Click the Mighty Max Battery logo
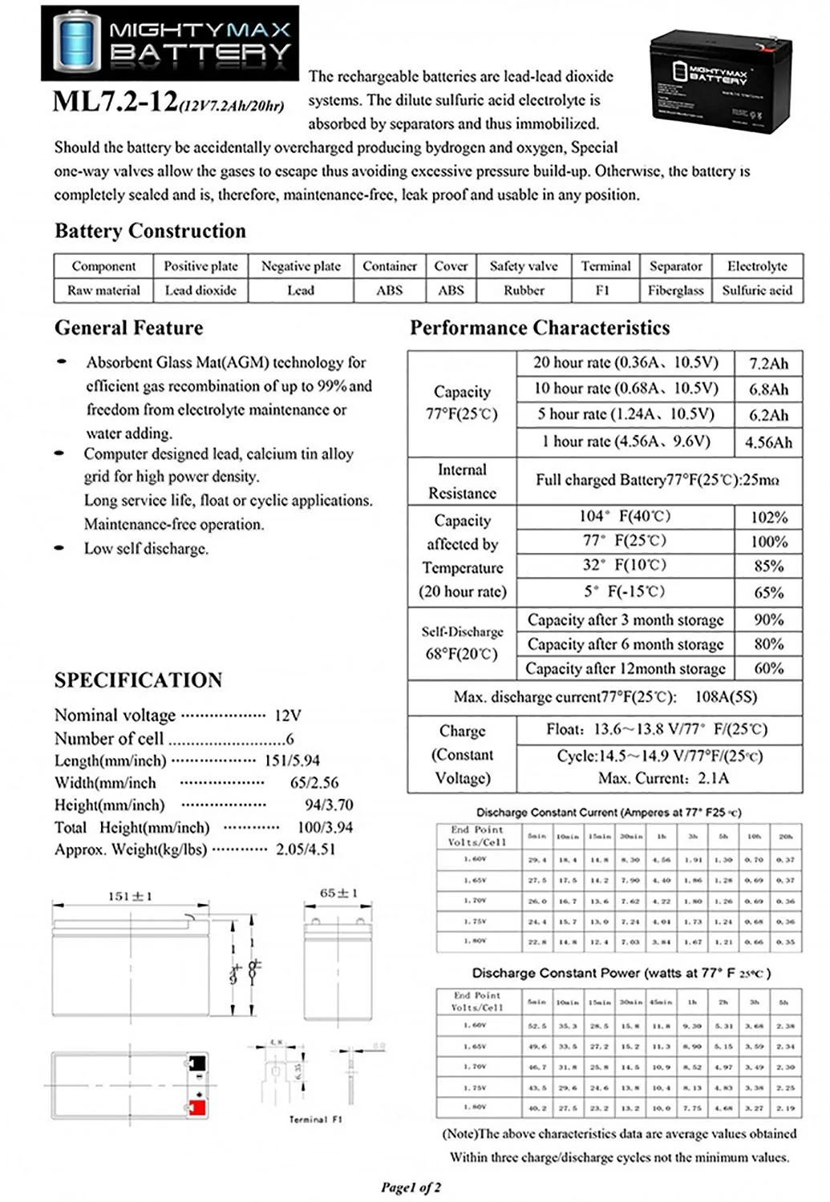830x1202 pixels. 169,42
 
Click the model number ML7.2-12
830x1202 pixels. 115,103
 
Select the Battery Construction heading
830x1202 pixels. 150,231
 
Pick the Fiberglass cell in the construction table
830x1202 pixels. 675,290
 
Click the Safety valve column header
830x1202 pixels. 524,266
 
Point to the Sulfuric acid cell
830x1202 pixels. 757,290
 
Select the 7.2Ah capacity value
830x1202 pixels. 768,364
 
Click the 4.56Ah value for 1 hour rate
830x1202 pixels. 768,442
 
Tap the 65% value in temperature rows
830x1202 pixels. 768,593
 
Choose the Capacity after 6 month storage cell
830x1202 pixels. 625,644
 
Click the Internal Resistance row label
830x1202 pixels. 462,482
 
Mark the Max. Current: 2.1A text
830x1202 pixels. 663,778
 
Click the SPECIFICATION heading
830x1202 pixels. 138,680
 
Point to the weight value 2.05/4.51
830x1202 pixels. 306,849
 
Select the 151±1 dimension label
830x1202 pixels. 130,896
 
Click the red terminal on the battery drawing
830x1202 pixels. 196,1108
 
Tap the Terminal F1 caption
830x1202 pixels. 315,1119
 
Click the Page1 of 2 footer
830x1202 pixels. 411,1188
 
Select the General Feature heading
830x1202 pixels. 128,328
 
